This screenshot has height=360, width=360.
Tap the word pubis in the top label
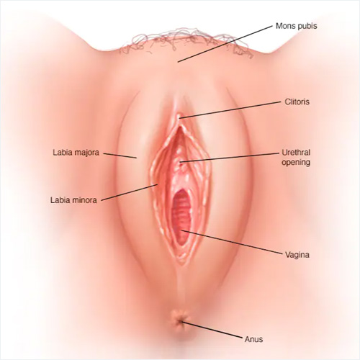click(308, 27)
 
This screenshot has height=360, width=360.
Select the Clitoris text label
click(297, 102)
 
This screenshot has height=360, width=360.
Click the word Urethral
click(296, 153)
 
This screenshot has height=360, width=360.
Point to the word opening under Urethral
click(296, 163)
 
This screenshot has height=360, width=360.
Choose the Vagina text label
click(297, 255)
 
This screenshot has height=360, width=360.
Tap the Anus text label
click(253, 339)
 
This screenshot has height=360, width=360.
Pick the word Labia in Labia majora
click(61, 153)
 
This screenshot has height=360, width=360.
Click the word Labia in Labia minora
click(59, 200)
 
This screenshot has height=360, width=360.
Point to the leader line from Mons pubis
click(225, 43)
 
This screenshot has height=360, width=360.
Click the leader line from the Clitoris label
click(230, 110)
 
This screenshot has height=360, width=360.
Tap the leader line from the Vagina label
click(231, 242)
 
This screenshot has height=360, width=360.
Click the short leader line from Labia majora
click(120, 156)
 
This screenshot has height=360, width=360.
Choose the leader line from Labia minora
click(130, 192)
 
